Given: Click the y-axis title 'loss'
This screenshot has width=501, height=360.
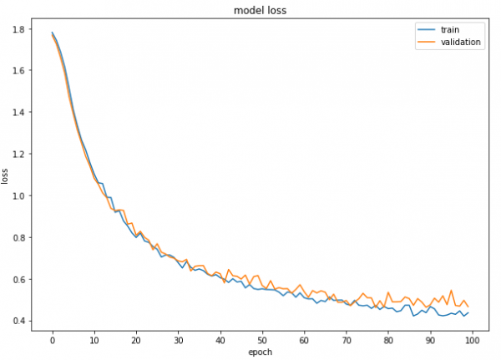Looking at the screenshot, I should click(7, 176).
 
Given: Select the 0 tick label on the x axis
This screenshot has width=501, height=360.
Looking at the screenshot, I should click(53, 339).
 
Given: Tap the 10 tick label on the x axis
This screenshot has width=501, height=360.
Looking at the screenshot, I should click(94, 339).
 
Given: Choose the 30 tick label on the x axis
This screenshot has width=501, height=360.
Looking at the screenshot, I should click(178, 339).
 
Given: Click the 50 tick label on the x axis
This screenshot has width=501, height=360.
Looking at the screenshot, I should click(262, 339).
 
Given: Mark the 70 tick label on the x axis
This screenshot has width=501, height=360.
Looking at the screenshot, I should click(346, 339).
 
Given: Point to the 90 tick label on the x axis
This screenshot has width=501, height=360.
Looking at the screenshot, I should click(430, 339).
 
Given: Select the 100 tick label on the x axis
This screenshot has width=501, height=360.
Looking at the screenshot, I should click(472, 339).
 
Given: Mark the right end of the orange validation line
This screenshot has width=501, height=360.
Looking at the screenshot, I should click(468, 307).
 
